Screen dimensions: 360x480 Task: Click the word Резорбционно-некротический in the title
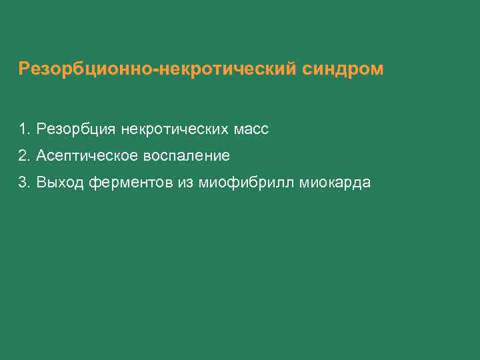[x=154, y=69]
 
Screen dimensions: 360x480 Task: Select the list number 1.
[x=23, y=129]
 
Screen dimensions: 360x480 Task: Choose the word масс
[x=251, y=129]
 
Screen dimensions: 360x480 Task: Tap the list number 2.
[x=23, y=156]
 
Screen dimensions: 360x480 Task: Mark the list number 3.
[x=23, y=183]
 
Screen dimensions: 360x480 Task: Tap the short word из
[x=184, y=183]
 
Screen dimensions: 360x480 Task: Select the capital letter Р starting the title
[x=24, y=69]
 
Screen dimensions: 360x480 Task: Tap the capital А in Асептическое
[x=41, y=156]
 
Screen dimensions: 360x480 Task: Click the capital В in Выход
[x=41, y=183]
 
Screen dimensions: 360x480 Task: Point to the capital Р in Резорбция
[x=41, y=129]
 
